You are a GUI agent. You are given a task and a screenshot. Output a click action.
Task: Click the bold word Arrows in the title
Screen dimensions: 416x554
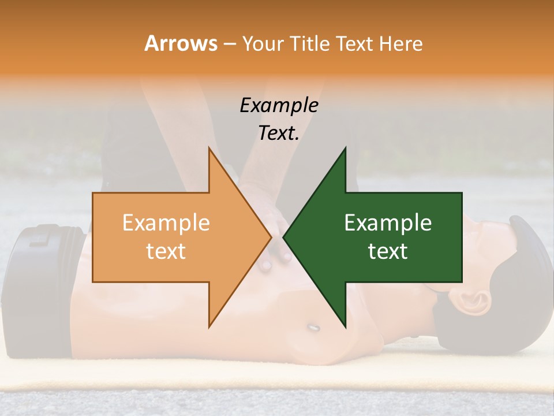[x=181, y=43]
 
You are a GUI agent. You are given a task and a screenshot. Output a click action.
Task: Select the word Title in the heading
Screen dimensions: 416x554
[x=310, y=43]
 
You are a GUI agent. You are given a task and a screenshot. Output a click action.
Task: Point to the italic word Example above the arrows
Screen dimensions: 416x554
[x=279, y=105]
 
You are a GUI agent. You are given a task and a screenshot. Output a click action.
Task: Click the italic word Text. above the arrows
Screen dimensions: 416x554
[x=279, y=133]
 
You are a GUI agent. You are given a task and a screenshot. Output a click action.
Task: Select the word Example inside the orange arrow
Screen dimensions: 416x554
[x=166, y=223]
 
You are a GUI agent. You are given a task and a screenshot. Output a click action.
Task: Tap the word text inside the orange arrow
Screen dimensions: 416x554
[x=166, y=251]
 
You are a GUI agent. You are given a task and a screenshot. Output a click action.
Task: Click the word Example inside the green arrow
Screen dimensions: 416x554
[x=388, y=223]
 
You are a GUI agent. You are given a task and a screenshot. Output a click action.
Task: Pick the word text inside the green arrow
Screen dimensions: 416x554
[x=388, y=251]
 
